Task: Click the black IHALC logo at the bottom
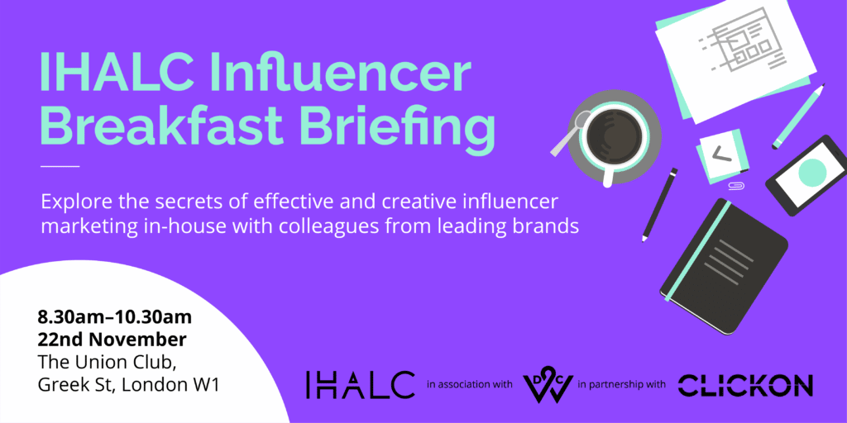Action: point(360,384)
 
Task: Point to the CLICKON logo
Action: point(745,385)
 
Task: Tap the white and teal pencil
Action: point(799,116)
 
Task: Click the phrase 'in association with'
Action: point(469,385)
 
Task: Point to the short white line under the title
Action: point(60,167)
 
